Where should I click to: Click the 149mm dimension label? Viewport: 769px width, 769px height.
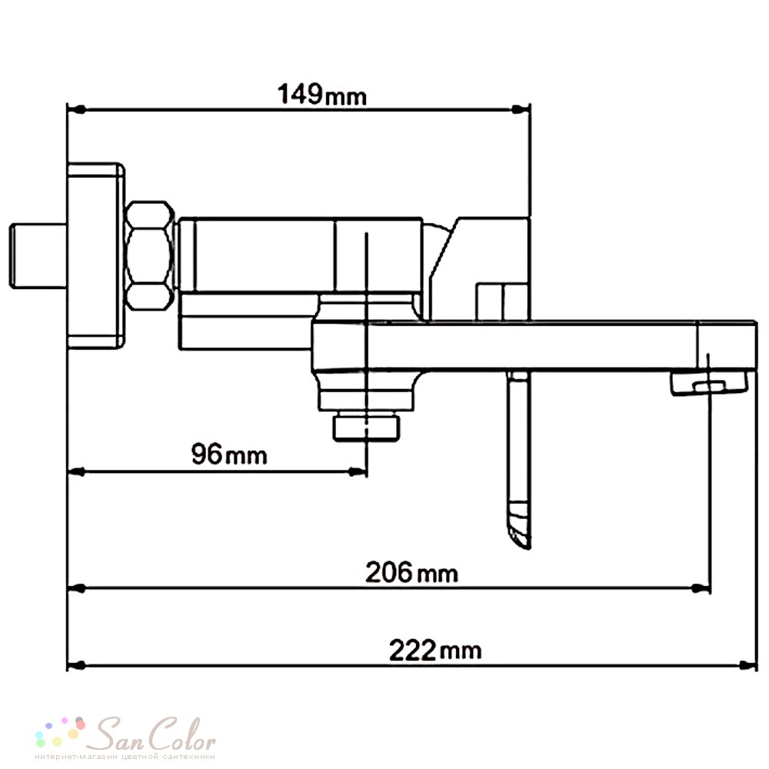pyautogui.click(x=322, y=94)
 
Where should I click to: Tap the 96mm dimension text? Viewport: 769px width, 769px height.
pyautogui.click(x=229, y=454)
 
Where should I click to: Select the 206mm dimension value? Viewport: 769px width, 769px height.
pyautogui.click(x=412, y=572)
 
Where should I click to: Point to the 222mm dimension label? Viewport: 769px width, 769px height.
pyautogui.click(x=435, y=651)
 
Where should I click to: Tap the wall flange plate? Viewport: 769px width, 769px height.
pyautogui.click(x=95, y=256)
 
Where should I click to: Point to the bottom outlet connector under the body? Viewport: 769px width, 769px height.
pyautogui.click(x=366, y=428)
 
